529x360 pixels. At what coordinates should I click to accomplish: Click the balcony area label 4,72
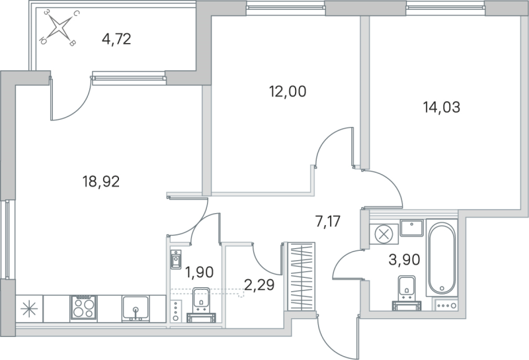pyautogui.click(x=116, y=39)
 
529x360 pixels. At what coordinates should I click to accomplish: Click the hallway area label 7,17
pyautogui.click(x=327, y=221)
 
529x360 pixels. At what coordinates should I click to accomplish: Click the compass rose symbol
pyautogui.click(x=60, y=28)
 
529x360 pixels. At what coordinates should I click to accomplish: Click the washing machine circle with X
pyautogui.click(x=383, y=233)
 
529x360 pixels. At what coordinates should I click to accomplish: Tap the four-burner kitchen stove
pyautogui.click(x=84, y=308)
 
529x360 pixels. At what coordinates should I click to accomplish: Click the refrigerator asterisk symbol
pyautogui.click(x=29, y=309)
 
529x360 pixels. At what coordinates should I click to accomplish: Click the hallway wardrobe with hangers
pyautogui.click(x=301, y=278)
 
